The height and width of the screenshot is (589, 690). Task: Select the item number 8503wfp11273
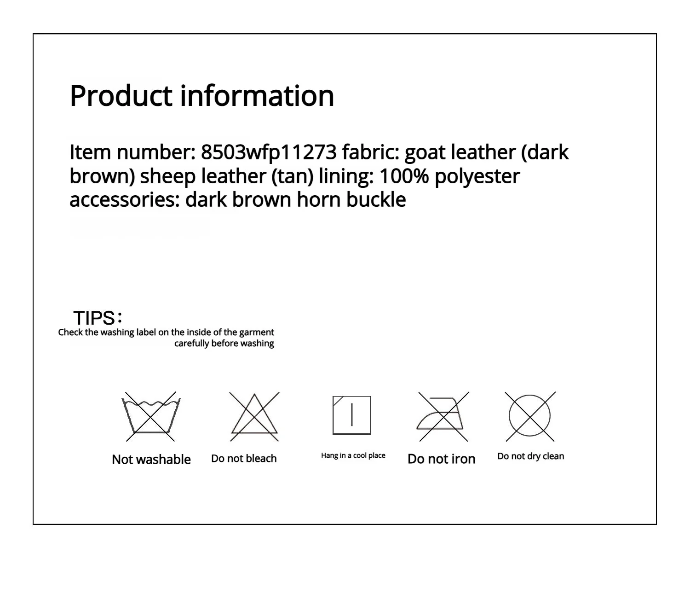click(269, 152)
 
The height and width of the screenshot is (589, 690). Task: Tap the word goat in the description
click(425, 152)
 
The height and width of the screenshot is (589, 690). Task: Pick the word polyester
click(477, 176)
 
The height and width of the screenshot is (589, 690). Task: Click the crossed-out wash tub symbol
click(151, 416)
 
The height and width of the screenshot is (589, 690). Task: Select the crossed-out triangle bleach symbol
click(254, 416)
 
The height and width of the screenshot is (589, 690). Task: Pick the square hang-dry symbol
click(352, 415)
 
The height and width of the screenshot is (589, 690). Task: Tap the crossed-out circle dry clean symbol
click(530, 416)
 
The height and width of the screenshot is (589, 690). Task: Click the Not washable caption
click(151, 459)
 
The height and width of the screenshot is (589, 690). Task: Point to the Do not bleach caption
click(244, 459)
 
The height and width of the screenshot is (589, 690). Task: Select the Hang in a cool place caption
click(353, 455)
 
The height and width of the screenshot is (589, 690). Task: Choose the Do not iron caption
click(441, 459)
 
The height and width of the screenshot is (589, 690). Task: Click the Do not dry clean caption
click(530, 456)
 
